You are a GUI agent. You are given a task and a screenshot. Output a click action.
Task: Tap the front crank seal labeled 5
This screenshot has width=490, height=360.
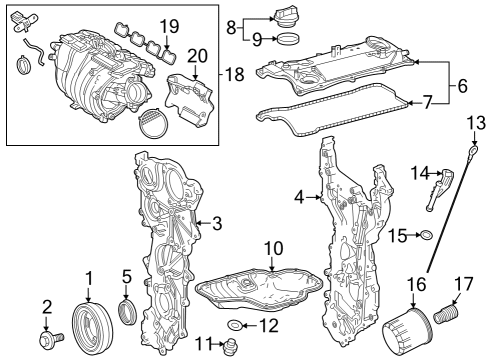tap(128, 313)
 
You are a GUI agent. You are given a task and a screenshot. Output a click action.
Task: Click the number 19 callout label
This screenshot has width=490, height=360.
tap(169, 24)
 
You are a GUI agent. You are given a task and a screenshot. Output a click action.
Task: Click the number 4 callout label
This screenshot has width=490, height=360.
tap(299, 197)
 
